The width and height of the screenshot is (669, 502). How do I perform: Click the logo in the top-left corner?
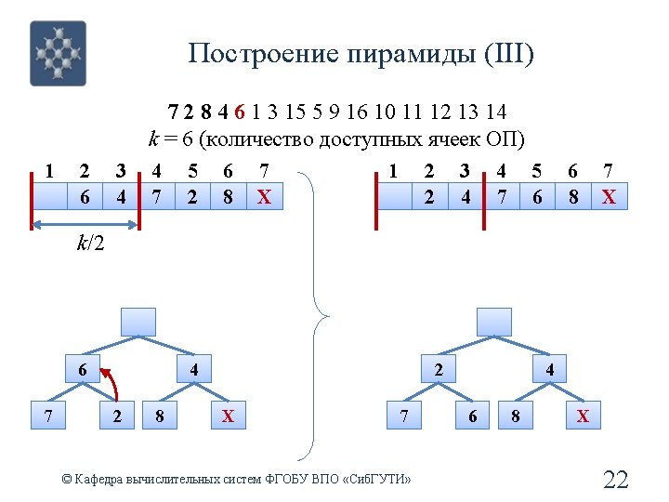[58, 53]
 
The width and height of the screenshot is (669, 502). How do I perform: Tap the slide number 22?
[616, 480]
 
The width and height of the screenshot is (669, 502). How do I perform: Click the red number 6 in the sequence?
[240, 112]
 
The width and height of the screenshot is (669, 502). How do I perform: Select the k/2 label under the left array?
[90, 244]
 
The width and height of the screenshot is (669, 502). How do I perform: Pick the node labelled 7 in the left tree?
[47, 416]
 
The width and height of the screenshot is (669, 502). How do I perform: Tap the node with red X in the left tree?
[228, 416]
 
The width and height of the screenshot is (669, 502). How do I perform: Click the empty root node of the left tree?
[138, 321]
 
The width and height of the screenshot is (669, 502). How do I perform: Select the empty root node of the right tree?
[493, 321]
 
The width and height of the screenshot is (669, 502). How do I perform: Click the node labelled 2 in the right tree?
[438, 369]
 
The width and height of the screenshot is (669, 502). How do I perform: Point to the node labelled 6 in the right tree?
[473, 416]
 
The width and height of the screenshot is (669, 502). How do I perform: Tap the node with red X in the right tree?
[583, 416]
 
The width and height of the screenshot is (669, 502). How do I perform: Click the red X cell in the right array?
[609, 197]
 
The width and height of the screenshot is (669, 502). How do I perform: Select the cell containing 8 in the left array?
[228, 197]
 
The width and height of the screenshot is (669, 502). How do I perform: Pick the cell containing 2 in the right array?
[428, 197]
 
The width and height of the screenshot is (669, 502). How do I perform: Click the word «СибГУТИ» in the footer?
[376, 479]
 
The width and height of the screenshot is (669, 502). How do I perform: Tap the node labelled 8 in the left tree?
[161, 416]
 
